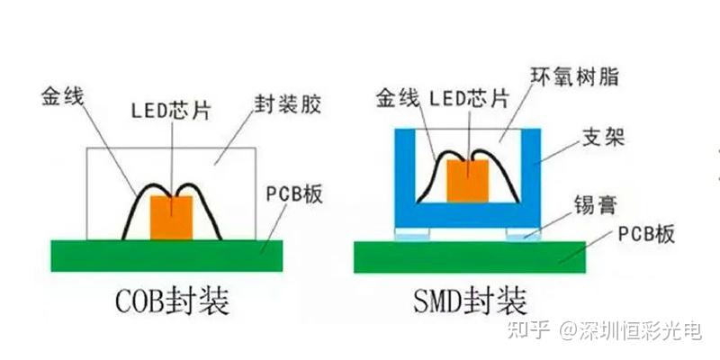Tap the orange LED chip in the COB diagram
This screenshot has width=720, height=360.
click(x=171, y=218)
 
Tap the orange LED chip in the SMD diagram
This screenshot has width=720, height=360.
click(x=467, y=181)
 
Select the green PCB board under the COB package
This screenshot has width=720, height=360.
click(x=166, y=256)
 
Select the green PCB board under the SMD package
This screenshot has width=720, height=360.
click(x=470, y=256)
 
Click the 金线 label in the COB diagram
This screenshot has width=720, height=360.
click(x=62, y=97)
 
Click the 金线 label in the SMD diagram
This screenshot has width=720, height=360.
click(x=398, y=98)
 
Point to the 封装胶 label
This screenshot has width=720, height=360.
click(x=287, y=105)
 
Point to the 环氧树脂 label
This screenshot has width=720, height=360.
click(x=574, y=77)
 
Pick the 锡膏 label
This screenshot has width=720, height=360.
click(x=595, y=205)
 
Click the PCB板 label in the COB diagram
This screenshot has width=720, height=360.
click(x=294, y=194)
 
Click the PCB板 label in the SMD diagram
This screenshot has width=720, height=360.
click(x=646, y=234)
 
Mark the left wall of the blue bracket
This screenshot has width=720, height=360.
click(x=406, y=177)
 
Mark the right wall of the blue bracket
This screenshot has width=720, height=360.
click(x=530, y=177)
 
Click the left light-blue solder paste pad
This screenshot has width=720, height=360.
click(x=412, y=234)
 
